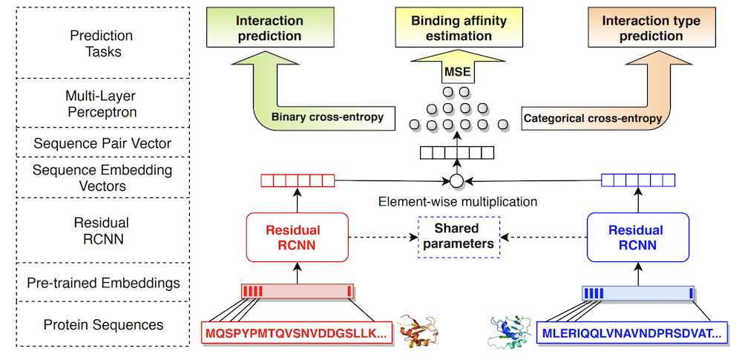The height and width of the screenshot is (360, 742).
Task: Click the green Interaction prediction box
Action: click(x=270, y=27)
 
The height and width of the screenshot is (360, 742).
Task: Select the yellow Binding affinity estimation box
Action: click(x=458, y=27)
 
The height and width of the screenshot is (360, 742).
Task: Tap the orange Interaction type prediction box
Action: click(x=651, y=27)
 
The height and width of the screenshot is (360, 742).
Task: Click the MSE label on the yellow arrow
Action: click(x=458, y=73)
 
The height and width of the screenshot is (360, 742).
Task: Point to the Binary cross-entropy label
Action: click(x=327, y=117)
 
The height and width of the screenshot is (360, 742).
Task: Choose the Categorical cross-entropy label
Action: click(x=592, y=119)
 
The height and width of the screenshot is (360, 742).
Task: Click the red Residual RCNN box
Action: click(x=298, y=238)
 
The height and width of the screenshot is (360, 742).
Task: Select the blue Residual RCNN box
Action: click(x=638, y=238)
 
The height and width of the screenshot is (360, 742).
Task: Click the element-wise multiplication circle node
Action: click(x=456, y=180)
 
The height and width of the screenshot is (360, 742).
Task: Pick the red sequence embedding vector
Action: click(x=298, y=180)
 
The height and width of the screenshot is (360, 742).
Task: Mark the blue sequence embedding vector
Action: click(x=638, y=180)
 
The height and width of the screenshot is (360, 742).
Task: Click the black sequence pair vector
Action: click(x=457, y=152)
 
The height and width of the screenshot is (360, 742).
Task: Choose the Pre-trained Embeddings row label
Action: click(x=103, y=284)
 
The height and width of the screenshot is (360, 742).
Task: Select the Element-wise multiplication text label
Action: click(x=458, y=202)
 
